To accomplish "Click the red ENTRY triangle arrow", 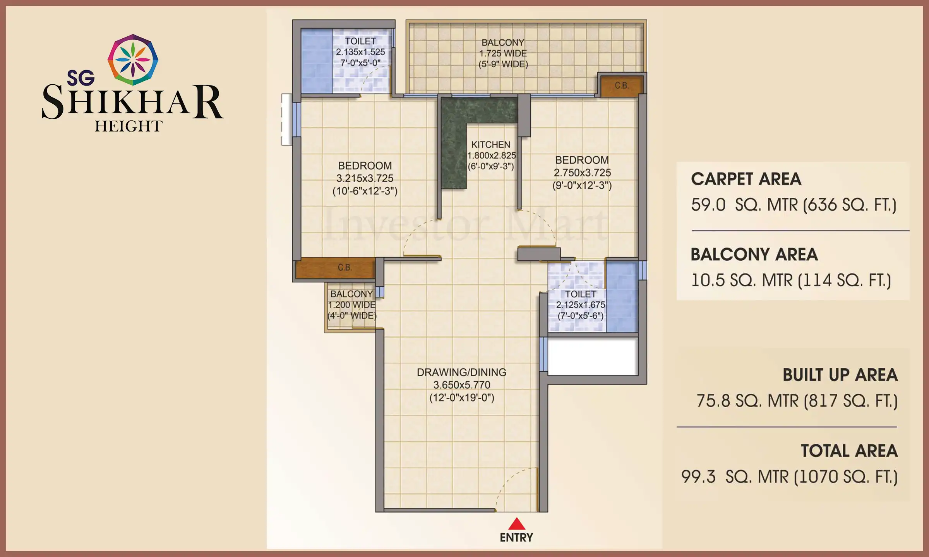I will click(516, 525).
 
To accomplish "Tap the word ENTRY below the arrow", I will click(516, 538).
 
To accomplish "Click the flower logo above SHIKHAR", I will click(133, 60).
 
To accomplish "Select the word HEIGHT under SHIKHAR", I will click(129, 126).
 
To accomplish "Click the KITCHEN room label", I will click(490, 145).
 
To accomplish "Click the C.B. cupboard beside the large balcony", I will click(622, 85).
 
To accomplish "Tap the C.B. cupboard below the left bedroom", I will click(344, 268).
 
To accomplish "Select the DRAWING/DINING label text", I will click(461, 372).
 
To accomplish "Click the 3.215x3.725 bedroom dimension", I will click(365, 178).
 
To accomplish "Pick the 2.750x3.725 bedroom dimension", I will click(582, 173).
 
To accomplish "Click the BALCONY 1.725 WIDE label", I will click(503, 53).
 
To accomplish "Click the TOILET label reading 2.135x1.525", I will click(360, 51).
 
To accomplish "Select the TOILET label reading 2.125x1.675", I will click(580, 305).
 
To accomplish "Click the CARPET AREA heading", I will click(746, 179).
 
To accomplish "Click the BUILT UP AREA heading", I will click(840, 375).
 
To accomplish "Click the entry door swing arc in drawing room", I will click(511, 480).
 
